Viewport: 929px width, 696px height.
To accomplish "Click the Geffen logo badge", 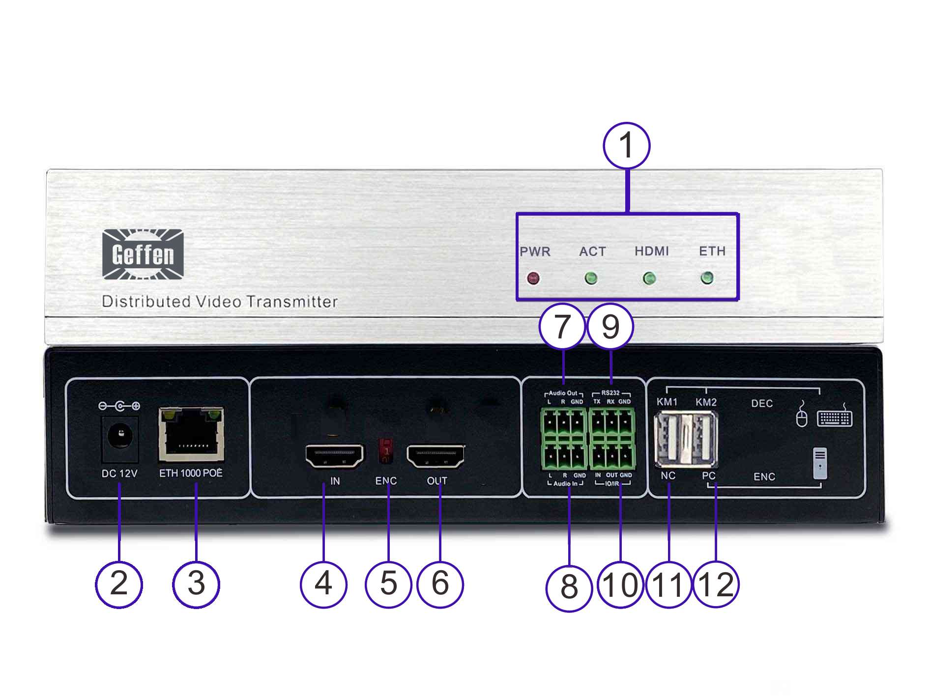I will click(143, 254).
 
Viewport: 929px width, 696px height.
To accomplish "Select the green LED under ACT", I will click(591, 278).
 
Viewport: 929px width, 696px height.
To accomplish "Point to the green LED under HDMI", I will click(649, 278).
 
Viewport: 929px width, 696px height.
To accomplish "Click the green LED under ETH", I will click(707, 278).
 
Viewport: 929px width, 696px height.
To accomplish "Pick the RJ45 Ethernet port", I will click(191, 435).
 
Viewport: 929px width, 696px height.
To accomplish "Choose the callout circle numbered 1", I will click(626, 146).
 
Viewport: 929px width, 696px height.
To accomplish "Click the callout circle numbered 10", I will click(620, 585).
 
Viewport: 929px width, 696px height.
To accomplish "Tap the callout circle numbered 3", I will click(196, 584).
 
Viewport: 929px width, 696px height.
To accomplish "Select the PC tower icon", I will click(820, 463).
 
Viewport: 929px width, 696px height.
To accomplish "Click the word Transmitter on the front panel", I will click(292, 302).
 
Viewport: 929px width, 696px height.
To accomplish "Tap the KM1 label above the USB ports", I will click(667, 402).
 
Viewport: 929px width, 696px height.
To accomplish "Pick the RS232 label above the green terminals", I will click(610, 393).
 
